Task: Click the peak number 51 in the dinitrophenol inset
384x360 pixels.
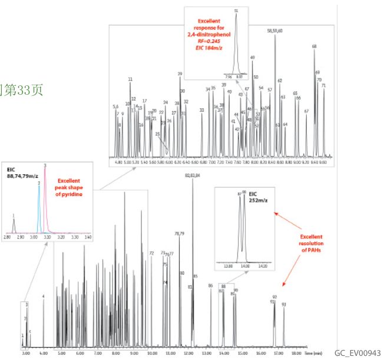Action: coord(236,11)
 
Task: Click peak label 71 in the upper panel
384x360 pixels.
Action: coord(324,85)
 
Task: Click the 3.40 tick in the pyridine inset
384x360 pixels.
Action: coord(88,238)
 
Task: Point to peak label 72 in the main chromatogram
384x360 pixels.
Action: coord(151,253)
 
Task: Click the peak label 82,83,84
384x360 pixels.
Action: coord(193,175)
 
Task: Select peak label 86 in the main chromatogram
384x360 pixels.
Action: coord(210,285)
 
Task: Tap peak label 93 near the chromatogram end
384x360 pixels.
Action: coord(284,305)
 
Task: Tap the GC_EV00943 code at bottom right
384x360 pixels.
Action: coord(358,352)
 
